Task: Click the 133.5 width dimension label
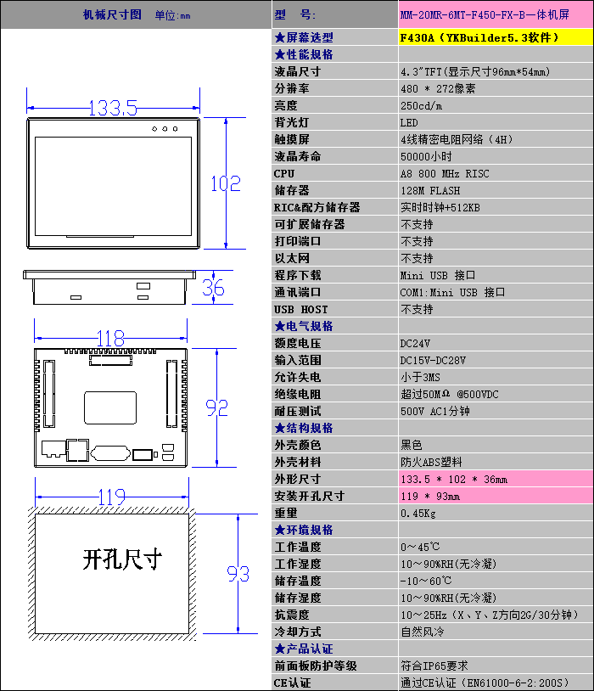tap(113, 108)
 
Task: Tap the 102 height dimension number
tap(226, 183)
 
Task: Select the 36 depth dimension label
tap(213, 288)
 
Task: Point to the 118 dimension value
tap(110, 339)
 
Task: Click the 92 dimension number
tap(216, 408)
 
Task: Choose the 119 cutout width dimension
tap(112, 497)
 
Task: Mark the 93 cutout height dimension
tap(238, 573)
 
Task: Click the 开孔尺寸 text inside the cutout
tap(122, 559)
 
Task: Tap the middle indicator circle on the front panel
tap(165, 129)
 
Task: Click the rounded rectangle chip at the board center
tap(110, 407)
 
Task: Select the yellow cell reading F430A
tap(496, 37)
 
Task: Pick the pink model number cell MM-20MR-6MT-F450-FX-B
tap(496, 14)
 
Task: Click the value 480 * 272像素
tap(438, 88)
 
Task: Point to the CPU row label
tap(284, 174)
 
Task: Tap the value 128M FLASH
tap(430, 191)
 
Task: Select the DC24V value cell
tap(496, 343)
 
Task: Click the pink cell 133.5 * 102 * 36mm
tap(496, 479)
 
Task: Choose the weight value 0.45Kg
tap(417, 514)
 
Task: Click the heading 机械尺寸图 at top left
tap(112, 14)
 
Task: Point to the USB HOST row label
tap(301, 309)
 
